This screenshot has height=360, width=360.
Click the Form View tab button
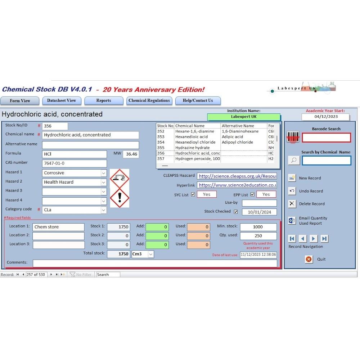click(20, 101)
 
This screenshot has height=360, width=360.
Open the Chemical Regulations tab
click(149, 101)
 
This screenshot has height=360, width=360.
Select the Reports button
click(104, 101)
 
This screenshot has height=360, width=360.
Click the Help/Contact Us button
click(198, 101)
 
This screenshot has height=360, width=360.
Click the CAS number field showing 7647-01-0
click(75, 163)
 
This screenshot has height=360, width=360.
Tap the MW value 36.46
click(131, 154)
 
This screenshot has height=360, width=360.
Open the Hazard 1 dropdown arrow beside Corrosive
click(104, 173)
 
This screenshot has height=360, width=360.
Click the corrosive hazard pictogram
click(120, 178)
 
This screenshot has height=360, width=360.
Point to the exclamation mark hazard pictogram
click(120, 198)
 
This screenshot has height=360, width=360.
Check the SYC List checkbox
click(193, 194)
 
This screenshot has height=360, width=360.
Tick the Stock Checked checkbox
click(236, 212)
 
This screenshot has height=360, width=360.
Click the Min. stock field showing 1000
click(258, 227)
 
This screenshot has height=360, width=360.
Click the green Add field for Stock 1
click(157, 227)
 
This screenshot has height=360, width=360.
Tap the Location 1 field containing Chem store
click(58, 227)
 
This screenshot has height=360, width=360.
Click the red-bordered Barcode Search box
click(326, 138)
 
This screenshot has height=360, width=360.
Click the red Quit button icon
click(309, 259)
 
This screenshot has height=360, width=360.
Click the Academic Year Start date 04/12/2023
click(325, 117)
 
